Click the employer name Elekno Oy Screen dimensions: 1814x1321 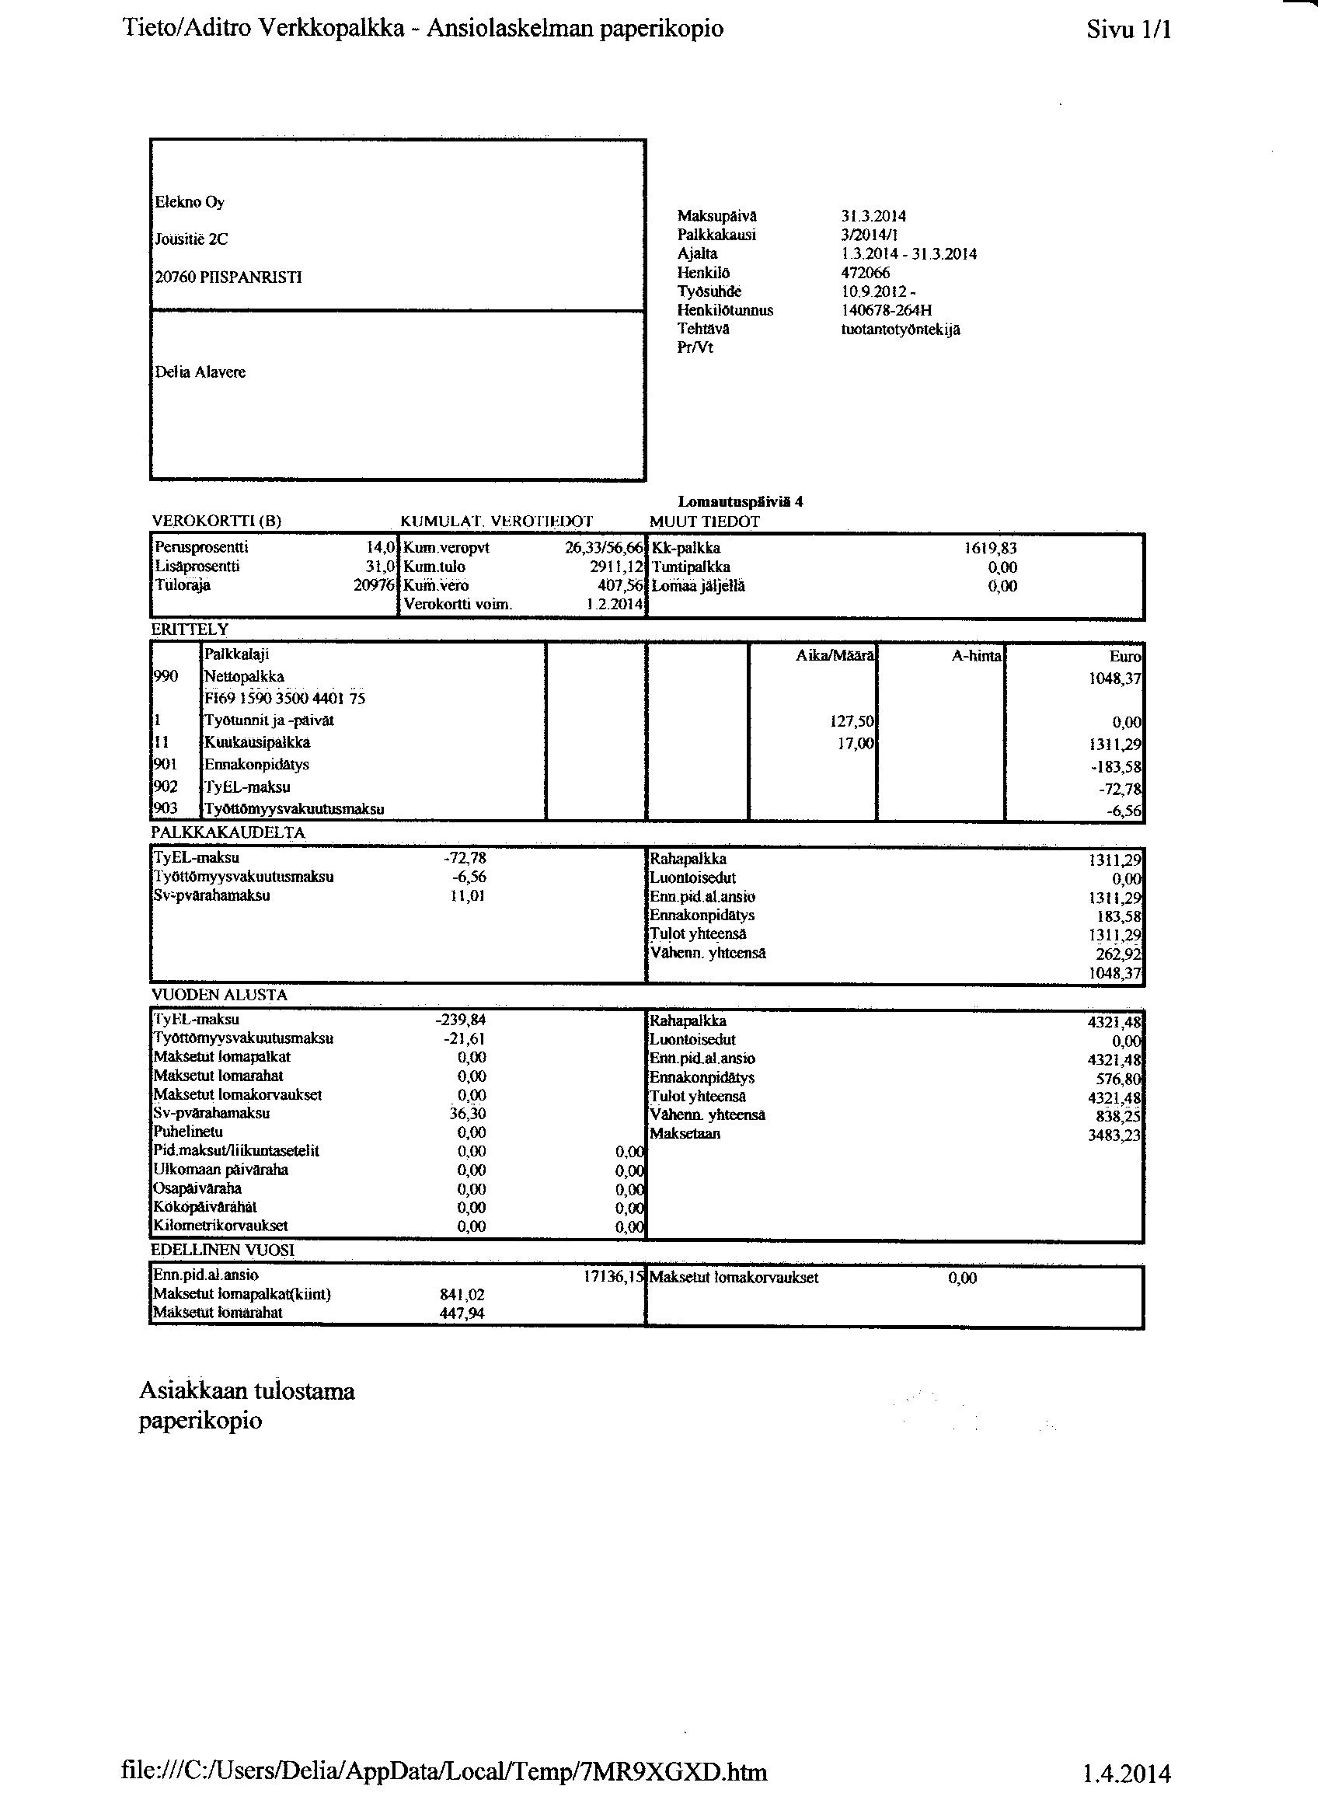pos(190,202)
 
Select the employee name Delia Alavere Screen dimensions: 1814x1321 pos(200,373)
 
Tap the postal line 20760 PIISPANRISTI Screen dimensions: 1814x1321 pos(228,278)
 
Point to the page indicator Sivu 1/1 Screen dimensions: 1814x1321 pos(1128,30)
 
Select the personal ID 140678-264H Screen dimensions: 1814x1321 pos(887,310)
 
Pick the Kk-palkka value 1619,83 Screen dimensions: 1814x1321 pos(991,549)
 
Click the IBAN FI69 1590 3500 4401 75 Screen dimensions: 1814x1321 pos(285,698)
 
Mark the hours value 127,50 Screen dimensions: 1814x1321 pos(852,721)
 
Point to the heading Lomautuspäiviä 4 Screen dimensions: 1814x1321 pos(741,502)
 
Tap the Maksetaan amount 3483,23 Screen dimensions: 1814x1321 pos(1114,1135)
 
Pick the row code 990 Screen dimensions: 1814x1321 pos(165,677)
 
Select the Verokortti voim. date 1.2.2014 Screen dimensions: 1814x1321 pos(615,605)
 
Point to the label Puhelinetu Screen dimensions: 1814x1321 pos(189,1132)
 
